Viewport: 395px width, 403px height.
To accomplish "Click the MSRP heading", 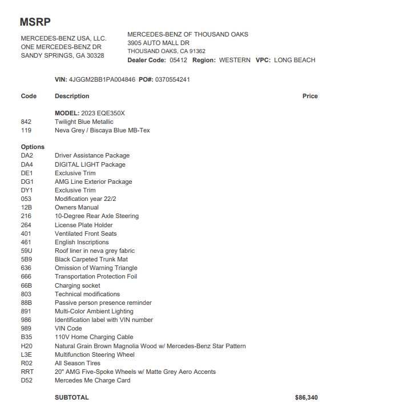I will [35, 22].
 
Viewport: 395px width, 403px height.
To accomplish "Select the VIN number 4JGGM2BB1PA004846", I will [102, 79].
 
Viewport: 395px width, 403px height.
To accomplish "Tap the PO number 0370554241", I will [172, 79].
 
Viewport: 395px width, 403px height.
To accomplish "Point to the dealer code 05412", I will [178, 60].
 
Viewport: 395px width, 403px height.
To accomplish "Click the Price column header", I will [310, 96].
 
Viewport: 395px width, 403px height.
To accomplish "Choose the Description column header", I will [72, 96].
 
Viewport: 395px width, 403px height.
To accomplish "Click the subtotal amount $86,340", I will [307, 397].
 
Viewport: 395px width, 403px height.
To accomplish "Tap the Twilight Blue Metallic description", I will [84, 122].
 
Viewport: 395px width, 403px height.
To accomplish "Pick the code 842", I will [26, 122].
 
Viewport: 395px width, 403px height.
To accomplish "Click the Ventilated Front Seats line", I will [86, 233].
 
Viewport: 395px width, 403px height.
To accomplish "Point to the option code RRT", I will [27, 372].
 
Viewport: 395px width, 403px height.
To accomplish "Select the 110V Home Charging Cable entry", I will [94, 337].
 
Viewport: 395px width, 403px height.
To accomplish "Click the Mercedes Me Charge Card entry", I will [92, 380].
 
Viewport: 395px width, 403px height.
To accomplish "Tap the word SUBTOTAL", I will [72, 397].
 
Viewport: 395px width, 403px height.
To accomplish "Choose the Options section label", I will [33, 147].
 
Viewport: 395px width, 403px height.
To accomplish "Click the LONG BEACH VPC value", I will [295, 60].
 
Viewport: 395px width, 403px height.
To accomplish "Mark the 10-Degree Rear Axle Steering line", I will [96, 216].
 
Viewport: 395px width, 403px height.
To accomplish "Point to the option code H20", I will [27, 346].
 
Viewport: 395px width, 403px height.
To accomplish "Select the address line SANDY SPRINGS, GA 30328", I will [62, 55].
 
